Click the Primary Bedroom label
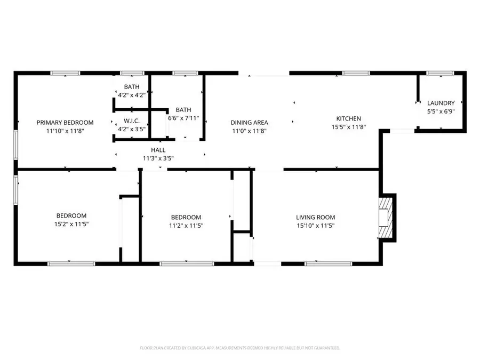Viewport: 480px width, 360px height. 65,123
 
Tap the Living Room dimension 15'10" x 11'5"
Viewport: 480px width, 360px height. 316,226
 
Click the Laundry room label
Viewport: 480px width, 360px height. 441,103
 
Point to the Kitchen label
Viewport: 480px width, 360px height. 348,118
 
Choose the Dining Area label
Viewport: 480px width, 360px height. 249,123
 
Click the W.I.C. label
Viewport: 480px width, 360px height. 132,121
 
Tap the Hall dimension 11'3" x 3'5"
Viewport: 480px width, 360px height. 158,158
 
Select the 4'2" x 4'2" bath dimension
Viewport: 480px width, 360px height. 132,95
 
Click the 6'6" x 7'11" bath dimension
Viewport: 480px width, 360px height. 183,118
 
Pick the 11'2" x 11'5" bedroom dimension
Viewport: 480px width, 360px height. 186,226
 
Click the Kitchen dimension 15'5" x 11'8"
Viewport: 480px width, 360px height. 348,127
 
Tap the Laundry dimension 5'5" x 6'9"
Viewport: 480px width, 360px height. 441,111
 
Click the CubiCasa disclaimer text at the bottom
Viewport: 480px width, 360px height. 239,348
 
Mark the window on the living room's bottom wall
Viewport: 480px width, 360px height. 328,263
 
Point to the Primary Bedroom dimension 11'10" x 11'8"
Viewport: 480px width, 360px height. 65,131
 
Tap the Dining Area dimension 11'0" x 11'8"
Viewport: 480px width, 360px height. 249,131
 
